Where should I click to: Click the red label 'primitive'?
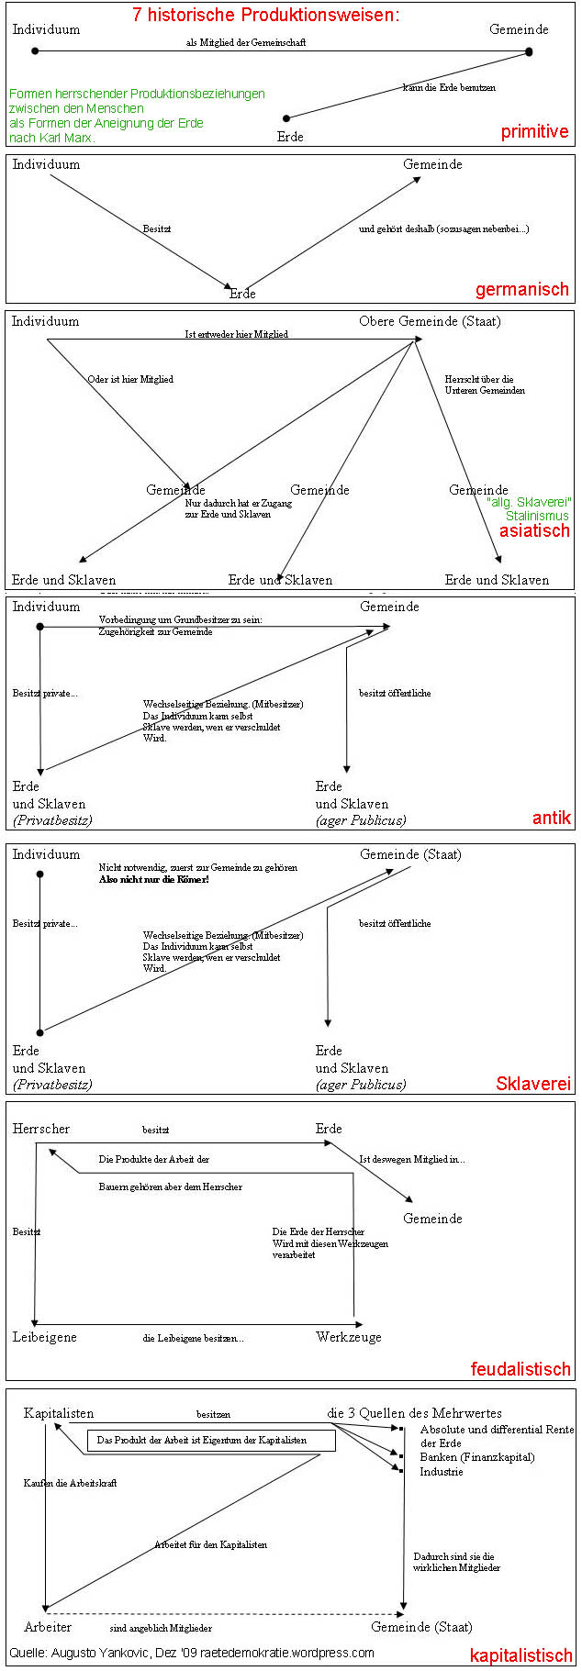[534, 131]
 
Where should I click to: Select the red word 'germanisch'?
[521, 290]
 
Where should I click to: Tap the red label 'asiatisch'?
[534, 530]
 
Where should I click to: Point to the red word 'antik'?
[551, 818]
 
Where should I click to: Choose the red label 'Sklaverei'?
[533, 1084]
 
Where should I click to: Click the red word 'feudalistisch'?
[520, 1369]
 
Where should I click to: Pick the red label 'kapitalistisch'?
[520, 1655]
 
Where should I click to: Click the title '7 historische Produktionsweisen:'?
[266, 15]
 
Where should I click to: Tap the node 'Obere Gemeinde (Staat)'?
[430, 321]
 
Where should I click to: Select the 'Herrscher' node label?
[41, 1129]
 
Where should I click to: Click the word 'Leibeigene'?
[45, 1337]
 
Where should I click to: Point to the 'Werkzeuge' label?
[349, 1337]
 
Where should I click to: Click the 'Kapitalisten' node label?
[59, 1413]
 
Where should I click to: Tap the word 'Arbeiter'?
[48, 1627]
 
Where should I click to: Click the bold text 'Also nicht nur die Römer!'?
[153, 879]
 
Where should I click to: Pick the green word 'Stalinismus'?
[537, 516]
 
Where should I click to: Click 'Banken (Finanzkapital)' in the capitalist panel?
[477, 1457]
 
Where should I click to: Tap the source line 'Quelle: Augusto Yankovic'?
[192, 1653]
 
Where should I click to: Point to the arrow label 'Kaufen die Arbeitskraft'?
[71, 1483]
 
